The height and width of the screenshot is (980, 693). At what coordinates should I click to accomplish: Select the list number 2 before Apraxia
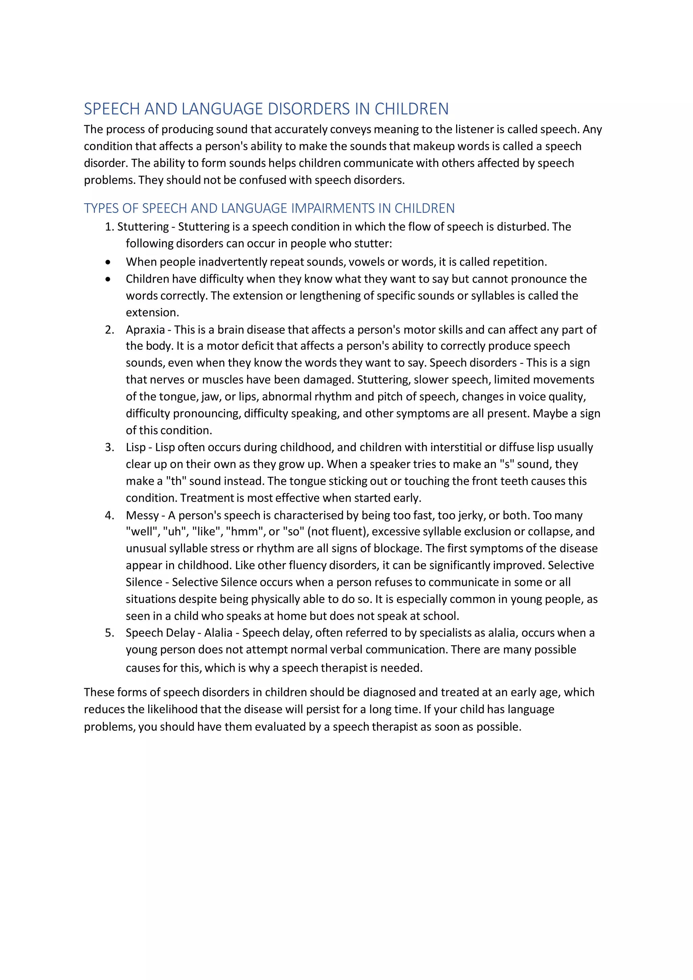pyautogui.click(x=109, y=329)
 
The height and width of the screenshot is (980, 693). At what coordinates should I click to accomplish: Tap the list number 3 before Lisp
pyautogui.click(x=109, y=447)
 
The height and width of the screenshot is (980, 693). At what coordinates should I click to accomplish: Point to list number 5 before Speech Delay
pyautogui.click(x=109, y=633)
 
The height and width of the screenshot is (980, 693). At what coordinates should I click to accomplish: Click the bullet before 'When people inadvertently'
pyautogui.click(x=108, y=262)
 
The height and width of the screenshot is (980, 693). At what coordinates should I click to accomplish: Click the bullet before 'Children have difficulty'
pyautogui.click(x=108, y=279)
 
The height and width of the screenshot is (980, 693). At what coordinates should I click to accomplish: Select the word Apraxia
pyautogui.click(x=145, y=329)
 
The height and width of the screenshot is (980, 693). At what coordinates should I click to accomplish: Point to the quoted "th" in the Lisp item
pyautogui.click(x=176, y=481)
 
